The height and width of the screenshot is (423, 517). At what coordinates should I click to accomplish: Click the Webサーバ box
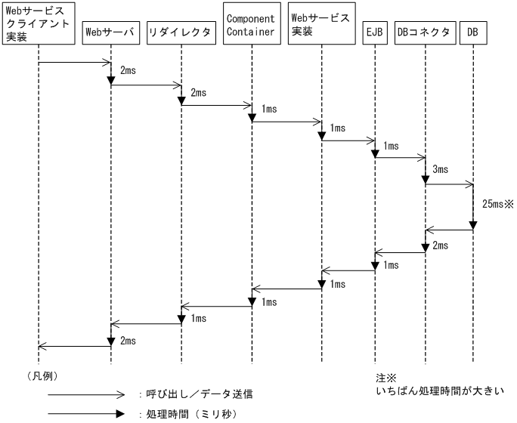pyautogui.click(x=110, y=33)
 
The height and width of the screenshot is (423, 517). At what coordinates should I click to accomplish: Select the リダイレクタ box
pyautogui.click(x=181, y=33)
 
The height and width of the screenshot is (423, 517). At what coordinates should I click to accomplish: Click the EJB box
pyautogui.click(x=374, y=33)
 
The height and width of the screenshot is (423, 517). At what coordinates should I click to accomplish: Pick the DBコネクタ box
pyautogui.click(x=424, y=33)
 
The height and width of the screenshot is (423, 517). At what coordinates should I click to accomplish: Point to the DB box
pyautogui.click(x=473, y=33)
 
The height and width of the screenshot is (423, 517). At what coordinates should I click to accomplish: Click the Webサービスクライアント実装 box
pyautogui.click(x=37, y=23)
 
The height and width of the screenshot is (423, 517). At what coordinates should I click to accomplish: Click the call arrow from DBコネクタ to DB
pyautogui.click(x=449, y=183)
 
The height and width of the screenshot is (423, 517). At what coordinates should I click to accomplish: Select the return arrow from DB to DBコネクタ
pyautogui.click(x=449, y=230)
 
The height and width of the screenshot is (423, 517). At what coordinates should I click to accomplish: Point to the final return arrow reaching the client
pyautogui.click(x=74, y=347)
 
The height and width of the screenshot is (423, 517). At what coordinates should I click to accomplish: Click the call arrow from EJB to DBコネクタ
pyautogui.click(x=399, y=158)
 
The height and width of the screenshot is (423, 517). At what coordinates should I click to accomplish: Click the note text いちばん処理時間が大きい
pyautogui.click(x=438, y=391)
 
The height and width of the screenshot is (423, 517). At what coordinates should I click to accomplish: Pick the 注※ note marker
pyautogui.click(x=386, y=377)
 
